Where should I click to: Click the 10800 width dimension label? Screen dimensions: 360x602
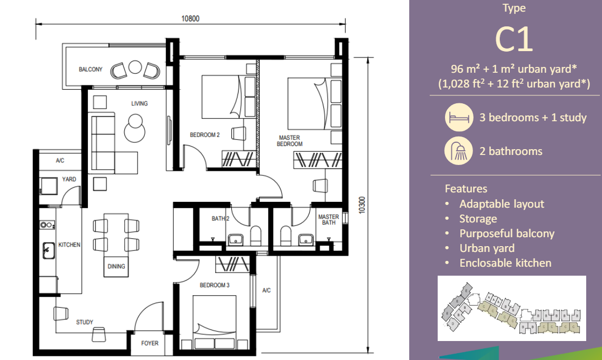coord(190,18)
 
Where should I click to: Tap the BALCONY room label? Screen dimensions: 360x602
coord(91,69)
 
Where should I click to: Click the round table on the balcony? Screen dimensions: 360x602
coord(135,67)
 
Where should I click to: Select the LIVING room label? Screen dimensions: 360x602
coord(140,103)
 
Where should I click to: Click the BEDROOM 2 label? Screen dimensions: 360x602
coord(204,135)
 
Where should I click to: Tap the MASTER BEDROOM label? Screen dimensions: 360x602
coord(290,141)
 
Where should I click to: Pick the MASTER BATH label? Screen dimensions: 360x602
coord(328,220)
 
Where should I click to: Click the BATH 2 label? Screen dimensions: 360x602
coord(220,218)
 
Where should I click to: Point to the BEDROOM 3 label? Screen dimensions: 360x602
coord(214,285)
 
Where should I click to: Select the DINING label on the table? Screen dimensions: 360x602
coord(116,266)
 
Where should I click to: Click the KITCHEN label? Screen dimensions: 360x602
coord(69,245)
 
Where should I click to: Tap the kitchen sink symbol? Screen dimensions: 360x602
coord(48,248)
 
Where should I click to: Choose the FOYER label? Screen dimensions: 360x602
coord(150,343)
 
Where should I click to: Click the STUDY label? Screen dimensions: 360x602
coord(85,322)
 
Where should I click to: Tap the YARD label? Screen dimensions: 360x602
coord(69,179)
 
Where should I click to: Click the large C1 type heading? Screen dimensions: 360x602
coord(514,40)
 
